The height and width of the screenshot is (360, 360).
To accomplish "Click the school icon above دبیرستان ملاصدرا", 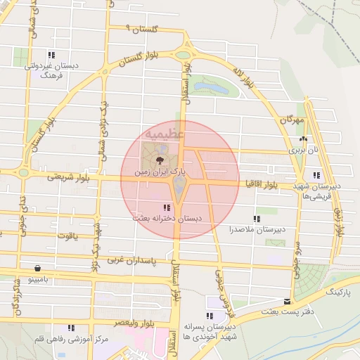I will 257,219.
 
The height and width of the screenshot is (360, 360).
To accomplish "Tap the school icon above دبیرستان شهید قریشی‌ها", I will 317,174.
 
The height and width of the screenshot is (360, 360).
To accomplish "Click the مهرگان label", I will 290,120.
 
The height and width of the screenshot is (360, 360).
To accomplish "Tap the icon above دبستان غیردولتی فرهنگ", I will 51,54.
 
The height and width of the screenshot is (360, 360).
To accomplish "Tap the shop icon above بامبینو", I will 37,268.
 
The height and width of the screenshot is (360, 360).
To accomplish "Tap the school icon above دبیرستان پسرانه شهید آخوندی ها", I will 212,316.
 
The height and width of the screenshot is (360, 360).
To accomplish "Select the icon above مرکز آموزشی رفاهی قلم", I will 70,328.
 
